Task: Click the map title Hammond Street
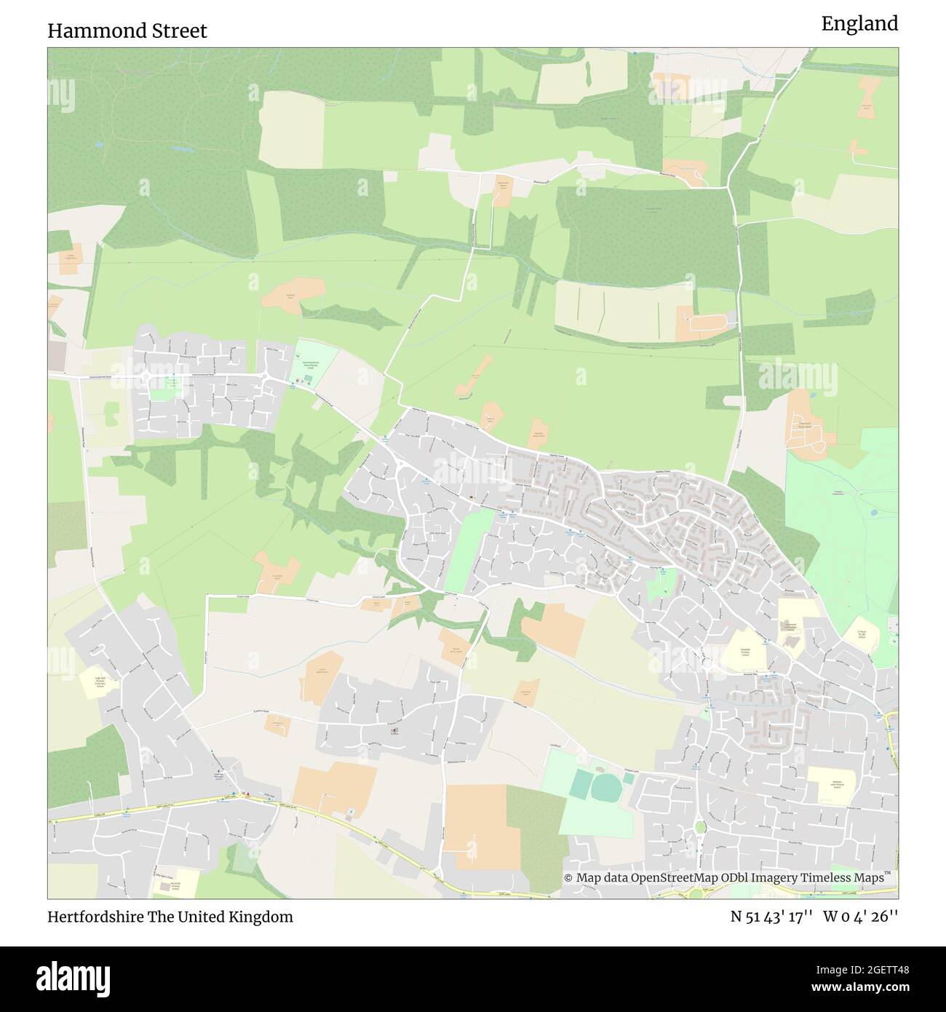point(127,31)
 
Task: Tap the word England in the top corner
point(859,24)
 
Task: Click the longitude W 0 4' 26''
point(861,917)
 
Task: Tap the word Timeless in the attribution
point(820,877)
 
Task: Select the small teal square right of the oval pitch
point(627,778)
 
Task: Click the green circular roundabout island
point(700,826)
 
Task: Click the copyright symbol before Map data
point(568,877)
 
